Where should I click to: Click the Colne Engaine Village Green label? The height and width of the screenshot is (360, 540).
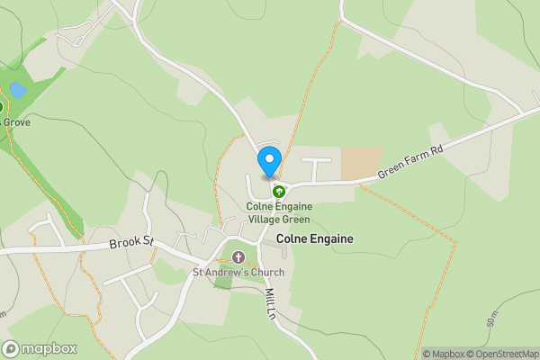(x=278, y=213)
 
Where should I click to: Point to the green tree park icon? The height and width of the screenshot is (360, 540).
(x=279, y=192)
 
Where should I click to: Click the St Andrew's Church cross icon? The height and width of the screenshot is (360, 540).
(x=238, y=258)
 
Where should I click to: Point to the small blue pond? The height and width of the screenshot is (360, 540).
(x=17, y=90)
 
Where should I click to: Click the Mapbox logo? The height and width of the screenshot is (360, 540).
(x=40, y=348)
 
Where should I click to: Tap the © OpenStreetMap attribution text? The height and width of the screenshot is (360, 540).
(x=500, y=354)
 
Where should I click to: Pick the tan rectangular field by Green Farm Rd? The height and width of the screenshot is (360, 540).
(x=361, y=162)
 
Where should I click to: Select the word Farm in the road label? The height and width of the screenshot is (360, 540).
(x=412, y=162)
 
